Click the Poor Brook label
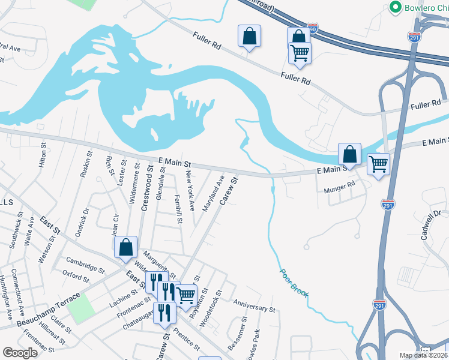[294, 281]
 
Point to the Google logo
[20, 353]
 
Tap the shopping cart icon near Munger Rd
[379, 163]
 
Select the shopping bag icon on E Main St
[349, 154]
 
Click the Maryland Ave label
[213, 192]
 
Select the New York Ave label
[190, 190]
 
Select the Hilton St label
[43, 154]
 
